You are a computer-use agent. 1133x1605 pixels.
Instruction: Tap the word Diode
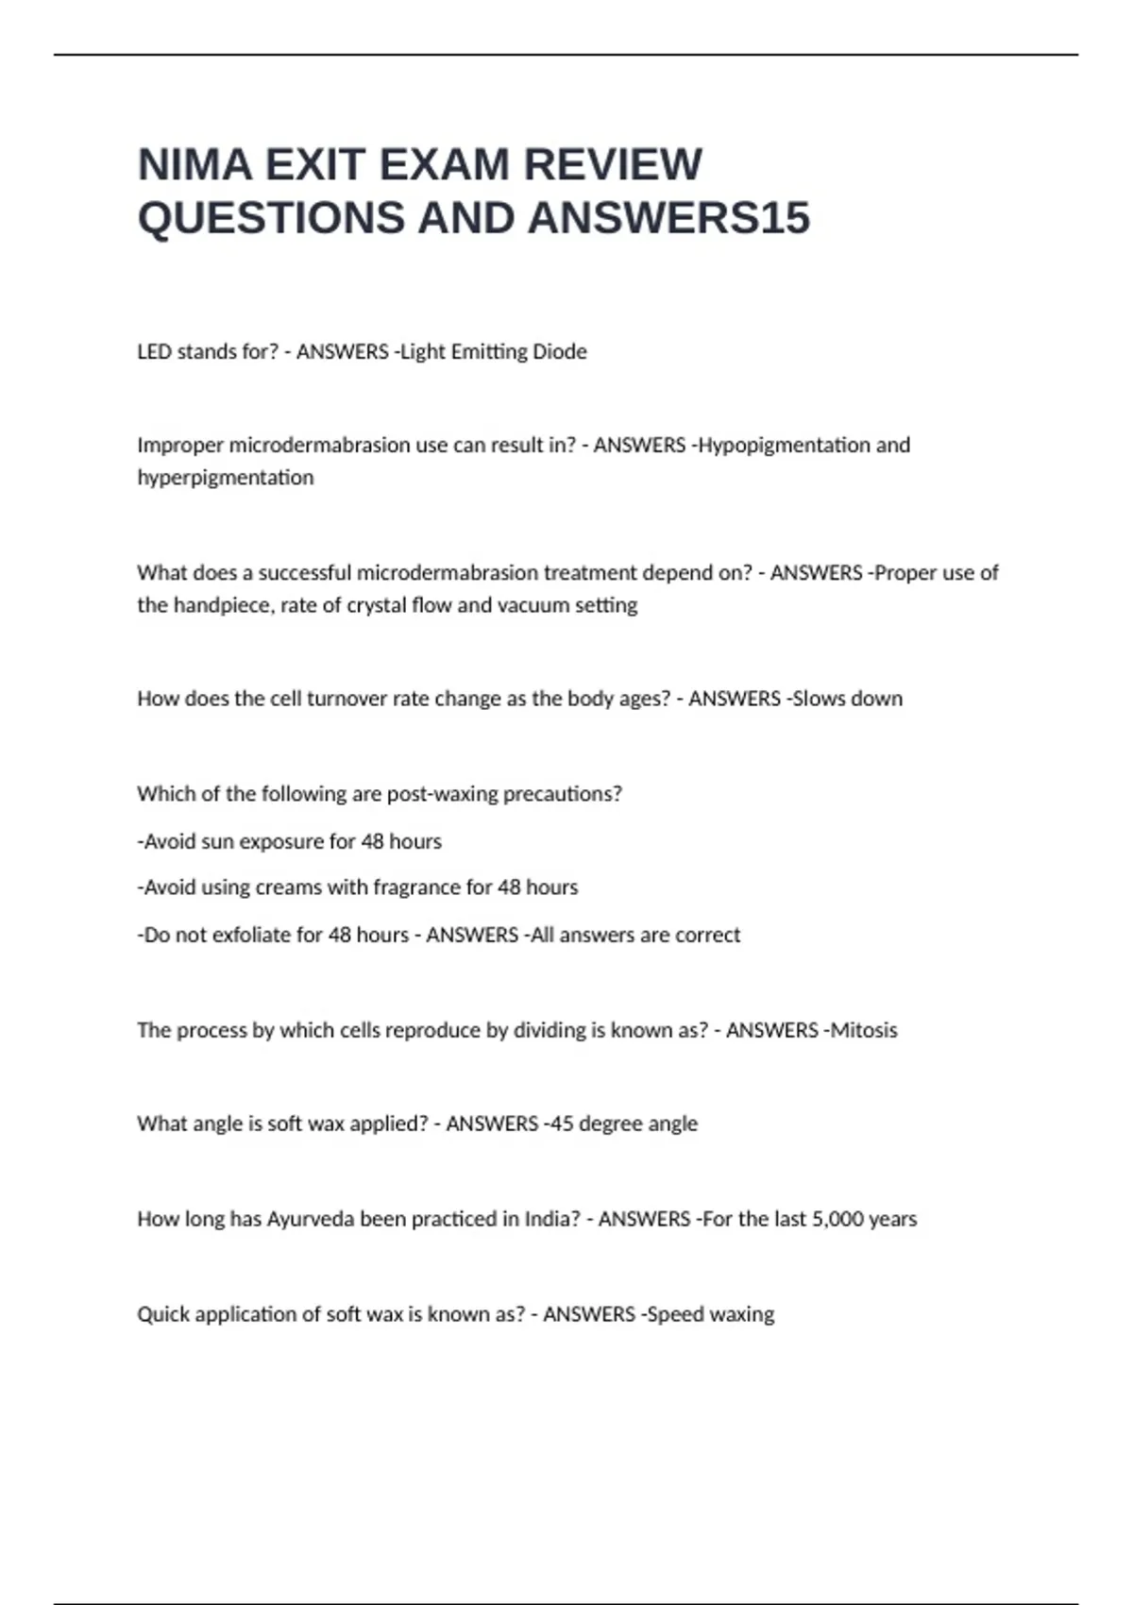pos(560,351)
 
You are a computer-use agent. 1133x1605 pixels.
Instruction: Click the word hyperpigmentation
pos(226,478)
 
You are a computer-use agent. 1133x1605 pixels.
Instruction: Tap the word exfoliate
pos(252,935)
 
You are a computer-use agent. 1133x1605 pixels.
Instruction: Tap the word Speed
pos(675,1314)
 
